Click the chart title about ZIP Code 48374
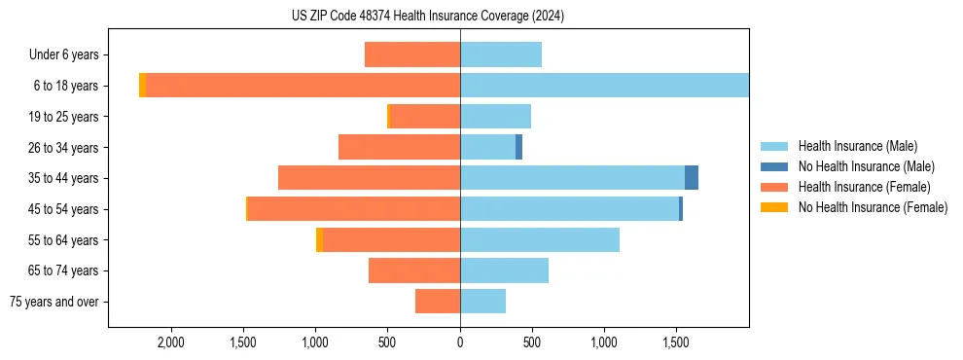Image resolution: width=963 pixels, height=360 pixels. point(428,17)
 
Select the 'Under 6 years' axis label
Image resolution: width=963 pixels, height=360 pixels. point(69,55)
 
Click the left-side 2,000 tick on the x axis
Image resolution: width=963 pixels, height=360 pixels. point(171,342)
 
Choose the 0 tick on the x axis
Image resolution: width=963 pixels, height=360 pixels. point(460,342)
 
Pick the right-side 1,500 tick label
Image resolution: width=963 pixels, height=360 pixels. point(676,342)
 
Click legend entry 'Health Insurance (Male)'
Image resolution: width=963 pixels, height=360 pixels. point(857,146)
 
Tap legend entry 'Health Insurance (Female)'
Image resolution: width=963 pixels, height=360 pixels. point(864,187)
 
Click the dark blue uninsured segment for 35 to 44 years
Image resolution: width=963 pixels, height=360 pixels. point(692,178)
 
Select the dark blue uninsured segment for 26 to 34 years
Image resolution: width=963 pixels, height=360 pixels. point(519,147)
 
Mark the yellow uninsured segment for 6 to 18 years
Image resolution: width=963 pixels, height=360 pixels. point(142,86)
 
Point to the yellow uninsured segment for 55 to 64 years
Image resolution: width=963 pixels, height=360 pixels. point(319,240)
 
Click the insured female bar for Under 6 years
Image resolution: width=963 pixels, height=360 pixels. point(412,54)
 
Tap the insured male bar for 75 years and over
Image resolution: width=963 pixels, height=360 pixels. point(482,302)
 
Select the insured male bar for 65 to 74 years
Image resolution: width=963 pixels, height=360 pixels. point(504,270)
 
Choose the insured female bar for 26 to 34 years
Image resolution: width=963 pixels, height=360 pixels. point(399,147)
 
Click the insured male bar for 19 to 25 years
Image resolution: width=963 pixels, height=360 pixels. point(495,117)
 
